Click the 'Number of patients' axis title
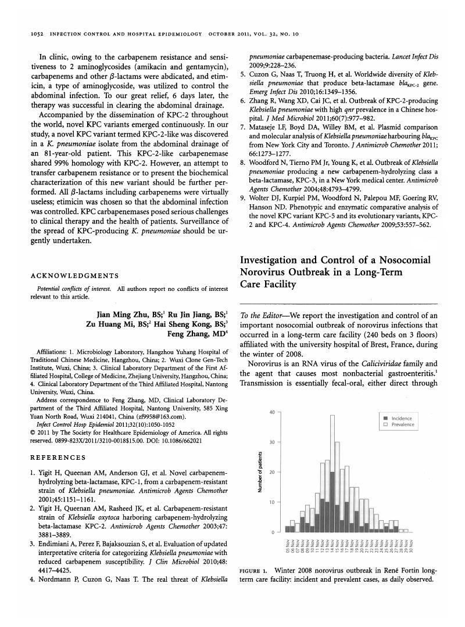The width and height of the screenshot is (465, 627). [x=259, y=471]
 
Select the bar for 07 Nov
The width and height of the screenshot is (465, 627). [x=297, y=528]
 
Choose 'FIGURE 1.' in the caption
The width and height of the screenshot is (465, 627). [x=253, y=571]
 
